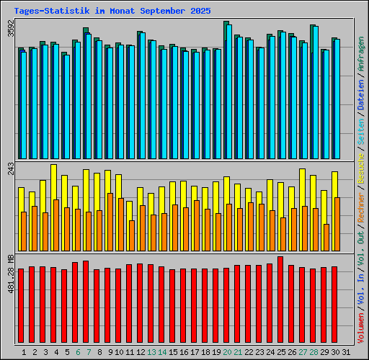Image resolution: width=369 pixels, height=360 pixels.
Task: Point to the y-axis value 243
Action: coord(10,170)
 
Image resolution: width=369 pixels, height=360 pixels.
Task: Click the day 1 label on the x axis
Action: coord(24,352)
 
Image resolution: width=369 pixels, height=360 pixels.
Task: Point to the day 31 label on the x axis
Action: coord(346,352)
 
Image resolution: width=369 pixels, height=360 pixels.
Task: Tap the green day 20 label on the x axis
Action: coord(227,352)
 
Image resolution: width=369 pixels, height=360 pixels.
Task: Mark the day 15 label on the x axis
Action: coord(173,352)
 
